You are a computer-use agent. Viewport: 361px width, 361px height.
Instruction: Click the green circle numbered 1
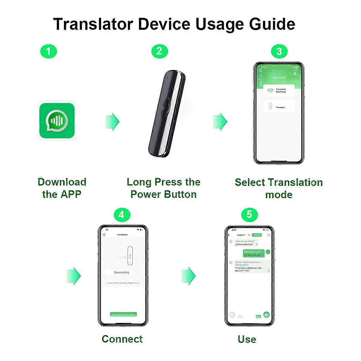point(48,52)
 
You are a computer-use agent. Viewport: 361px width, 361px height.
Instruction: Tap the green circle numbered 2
point(159,51)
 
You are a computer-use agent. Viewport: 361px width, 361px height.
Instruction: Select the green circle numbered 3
point(279,51)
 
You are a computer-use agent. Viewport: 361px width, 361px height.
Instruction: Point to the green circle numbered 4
point(122,215)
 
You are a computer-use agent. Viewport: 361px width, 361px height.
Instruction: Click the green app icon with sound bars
point(57,121)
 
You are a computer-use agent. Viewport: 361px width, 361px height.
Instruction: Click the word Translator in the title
point(93,24)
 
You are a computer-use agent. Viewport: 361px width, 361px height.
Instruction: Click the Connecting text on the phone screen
point(122,272)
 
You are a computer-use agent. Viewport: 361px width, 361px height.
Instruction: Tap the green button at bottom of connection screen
point(123,314)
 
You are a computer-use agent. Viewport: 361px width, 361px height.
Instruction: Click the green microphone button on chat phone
point(266,315)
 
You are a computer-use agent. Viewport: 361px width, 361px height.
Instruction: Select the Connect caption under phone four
point(122,339)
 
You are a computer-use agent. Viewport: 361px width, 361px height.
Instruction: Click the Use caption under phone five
point(247,339)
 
